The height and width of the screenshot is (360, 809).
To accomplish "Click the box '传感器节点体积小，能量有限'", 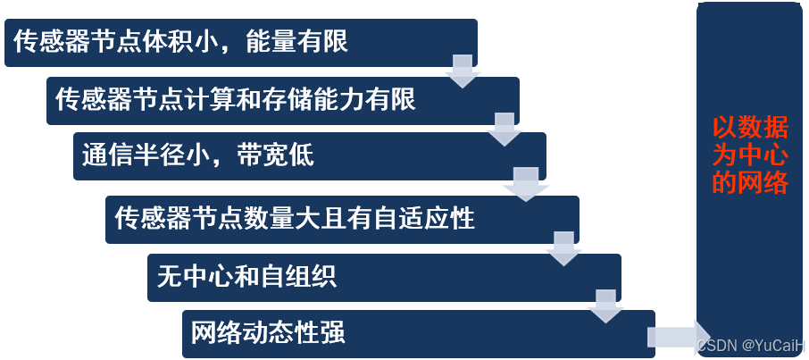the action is (x=240, y=42).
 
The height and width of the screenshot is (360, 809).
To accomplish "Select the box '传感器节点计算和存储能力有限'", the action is (x=282, y=100).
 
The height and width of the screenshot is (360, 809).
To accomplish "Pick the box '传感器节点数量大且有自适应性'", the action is (x=342, y=219).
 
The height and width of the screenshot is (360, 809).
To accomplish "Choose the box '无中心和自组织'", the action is (x=384, y=277).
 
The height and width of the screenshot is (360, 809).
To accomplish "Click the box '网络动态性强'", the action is (x=418, y=334).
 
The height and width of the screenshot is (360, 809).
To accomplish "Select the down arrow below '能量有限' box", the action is (x=463, y=70).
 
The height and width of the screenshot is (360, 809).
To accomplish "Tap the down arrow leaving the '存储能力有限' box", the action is (x=505, y=129).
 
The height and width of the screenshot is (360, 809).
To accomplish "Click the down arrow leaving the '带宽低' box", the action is (x=524, y=183).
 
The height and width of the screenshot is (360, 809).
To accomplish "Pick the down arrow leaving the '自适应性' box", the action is (x=563, y=247).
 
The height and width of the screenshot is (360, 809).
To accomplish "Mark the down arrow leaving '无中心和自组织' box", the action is (x=605, y=305).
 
